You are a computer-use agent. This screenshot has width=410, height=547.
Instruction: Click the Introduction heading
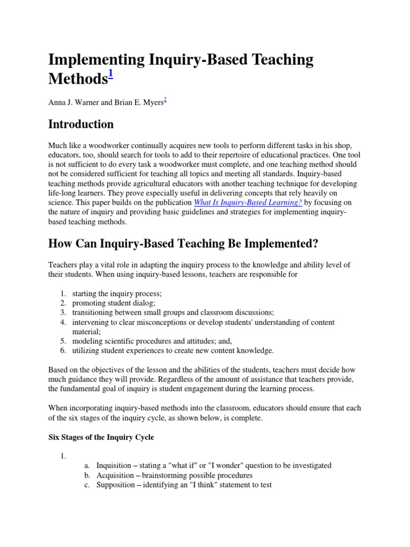tap(81, 124)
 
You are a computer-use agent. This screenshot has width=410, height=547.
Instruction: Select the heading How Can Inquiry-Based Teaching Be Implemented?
tap(183, 244)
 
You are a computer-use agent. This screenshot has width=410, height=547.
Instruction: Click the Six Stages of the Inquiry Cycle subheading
tap(101, 437)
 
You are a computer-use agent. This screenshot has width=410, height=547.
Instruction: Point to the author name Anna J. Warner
tap(70, 102)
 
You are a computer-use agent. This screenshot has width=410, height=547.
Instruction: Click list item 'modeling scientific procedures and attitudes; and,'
tap(152, 341)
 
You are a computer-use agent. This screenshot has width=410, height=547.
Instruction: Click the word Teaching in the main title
tap(278, 60)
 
